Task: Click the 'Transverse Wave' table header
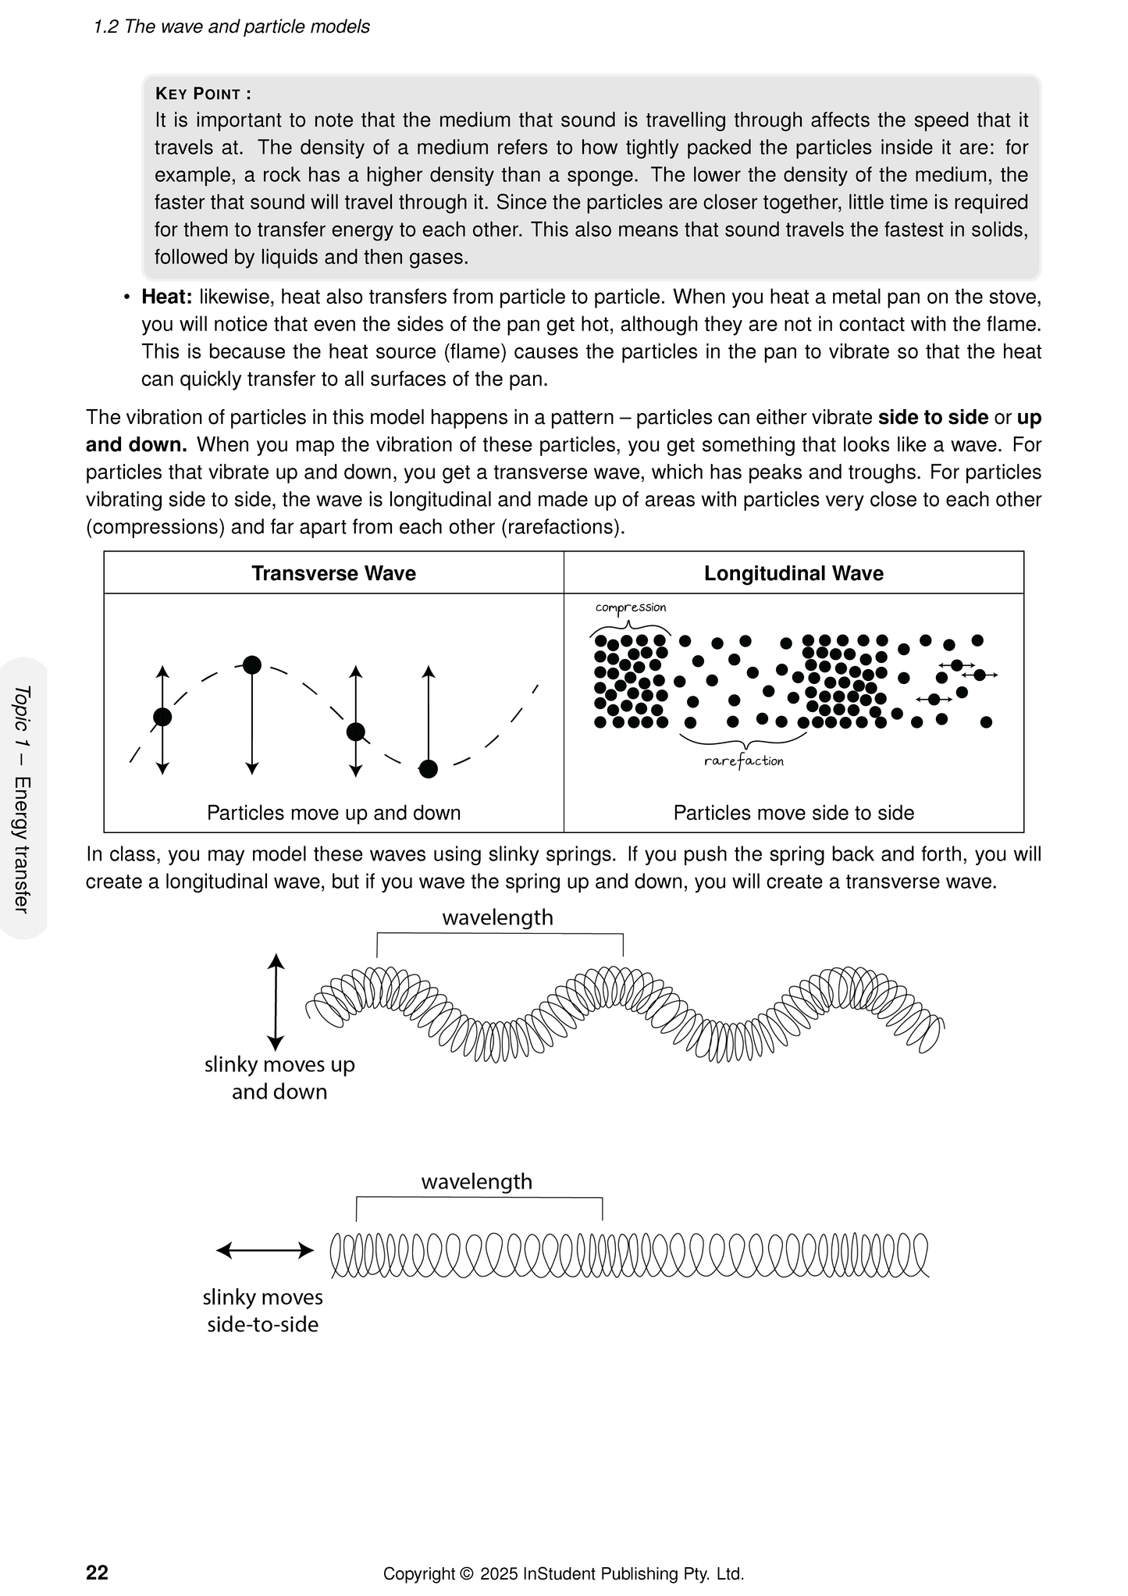point(333,573)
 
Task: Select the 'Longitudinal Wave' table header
point(793,573)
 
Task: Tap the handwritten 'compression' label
point(631,607)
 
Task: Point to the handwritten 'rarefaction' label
point(743,761)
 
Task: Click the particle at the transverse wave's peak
point(251,665)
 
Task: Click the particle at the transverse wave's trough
point(428,769)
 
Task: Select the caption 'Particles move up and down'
point(333,813)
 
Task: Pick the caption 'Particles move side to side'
point(793,813)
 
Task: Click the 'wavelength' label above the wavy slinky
point(497,917)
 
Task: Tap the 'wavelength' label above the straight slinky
point(476,1181)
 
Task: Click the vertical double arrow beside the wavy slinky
point(276,1002)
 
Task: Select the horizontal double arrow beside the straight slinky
point(265,1250)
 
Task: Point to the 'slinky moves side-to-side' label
point(262,1310)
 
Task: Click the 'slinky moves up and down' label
point(279,1078)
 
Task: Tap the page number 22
point(97,1573)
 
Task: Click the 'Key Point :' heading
point(203,94)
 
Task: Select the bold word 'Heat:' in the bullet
point(166,297)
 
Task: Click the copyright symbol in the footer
point(467,1574)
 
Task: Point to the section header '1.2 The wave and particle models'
point(231,27)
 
